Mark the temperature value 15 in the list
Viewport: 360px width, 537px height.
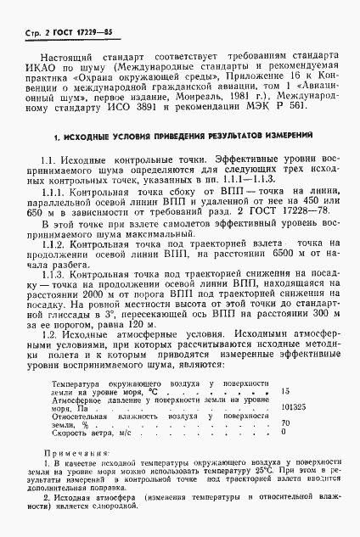tap(284, 392)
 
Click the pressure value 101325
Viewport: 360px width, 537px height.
tap(292, 406)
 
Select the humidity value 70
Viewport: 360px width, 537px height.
tap(284, 422)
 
